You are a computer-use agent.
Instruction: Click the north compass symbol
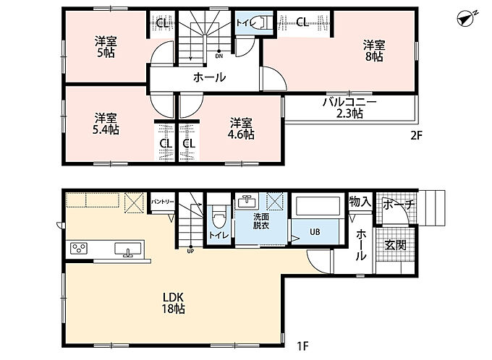467,18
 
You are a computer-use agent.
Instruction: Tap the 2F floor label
417,135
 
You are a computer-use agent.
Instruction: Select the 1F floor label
303,346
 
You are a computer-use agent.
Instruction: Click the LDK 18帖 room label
173,303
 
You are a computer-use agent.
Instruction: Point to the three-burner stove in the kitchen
79,249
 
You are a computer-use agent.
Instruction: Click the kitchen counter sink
127,249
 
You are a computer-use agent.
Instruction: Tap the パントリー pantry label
162,202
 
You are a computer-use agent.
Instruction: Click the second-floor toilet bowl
260,22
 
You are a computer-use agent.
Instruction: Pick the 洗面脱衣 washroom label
261,220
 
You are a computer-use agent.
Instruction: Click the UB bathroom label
315,232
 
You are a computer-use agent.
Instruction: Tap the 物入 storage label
360,202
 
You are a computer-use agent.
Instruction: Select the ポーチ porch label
398,205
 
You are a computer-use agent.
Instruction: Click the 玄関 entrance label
396,244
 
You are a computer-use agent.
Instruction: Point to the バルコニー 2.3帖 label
349,108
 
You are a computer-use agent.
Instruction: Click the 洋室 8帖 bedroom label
374,51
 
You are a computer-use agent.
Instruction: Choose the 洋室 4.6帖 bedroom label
241,129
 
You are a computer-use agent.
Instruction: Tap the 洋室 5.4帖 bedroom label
106,124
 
